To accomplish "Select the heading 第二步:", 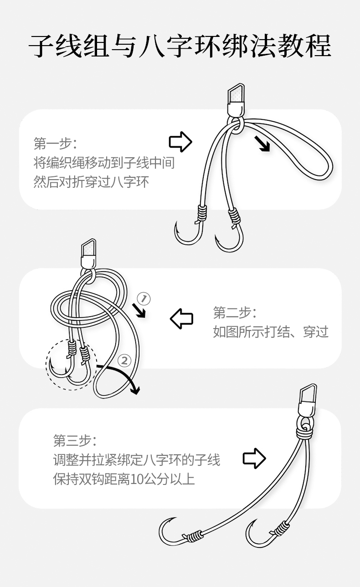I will pyautogui.click(x=235, y=313).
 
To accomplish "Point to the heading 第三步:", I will pyautogui.click(x=75, y=441).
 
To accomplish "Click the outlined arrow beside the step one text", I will pyautogui.click(x=180, y=142).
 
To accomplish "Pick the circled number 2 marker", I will pyautogui.click(x=124, y=360).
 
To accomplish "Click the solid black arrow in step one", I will pyautogui.click(x=262, y=144).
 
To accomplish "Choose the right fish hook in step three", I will pyautogui.click(x=258, y=534).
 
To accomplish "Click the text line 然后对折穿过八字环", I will pyautogui.click(x=91, y=182).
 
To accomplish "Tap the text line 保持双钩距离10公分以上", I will pyautogui.click(x=124, y=480).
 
